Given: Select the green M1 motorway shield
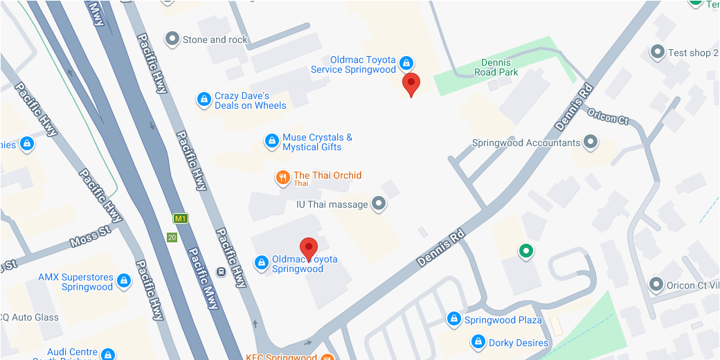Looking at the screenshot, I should click(181, 219).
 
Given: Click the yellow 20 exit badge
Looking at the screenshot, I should click(172, 237).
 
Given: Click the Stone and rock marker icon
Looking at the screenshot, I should click(172, 39).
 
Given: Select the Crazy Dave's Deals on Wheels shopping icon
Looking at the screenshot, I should click(204, 100).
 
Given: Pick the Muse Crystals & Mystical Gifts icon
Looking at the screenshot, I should click(272, 142).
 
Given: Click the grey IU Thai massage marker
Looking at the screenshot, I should click(379, 204).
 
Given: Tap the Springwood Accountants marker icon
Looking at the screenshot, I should click(591, 143).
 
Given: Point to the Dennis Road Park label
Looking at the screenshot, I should click(496, 67).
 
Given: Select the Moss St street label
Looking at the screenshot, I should click(90, 236).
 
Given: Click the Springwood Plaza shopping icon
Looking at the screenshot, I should click(453, 319).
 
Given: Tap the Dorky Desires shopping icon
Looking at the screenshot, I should click(478, 342).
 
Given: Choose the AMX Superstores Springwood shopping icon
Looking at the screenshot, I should click(124, 281).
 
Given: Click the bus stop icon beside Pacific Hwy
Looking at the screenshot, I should click(221, 271).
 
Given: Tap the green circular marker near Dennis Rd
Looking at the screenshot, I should click(526, 251).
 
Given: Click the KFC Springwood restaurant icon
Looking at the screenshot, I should click(327, 357).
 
